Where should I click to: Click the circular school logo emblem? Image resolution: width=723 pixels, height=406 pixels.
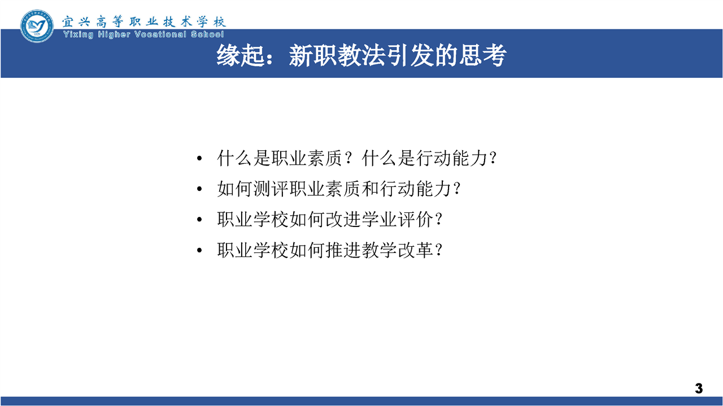point(37,26)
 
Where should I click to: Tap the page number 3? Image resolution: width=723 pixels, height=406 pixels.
point(699,388)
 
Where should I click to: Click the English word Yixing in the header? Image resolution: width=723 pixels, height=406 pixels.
point(79,34)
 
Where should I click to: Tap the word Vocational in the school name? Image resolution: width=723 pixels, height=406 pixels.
point(160,34)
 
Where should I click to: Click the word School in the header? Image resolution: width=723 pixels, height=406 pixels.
point(207,34)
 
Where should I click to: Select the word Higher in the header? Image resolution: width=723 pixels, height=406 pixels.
point(114,34)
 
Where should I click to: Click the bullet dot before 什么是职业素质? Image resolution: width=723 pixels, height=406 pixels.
point(199,158)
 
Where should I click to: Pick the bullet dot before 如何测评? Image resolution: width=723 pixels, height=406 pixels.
point(199,189)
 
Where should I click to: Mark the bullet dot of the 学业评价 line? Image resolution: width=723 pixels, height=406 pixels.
point(199,220)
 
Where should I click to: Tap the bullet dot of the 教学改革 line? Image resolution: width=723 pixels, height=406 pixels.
point(199,250)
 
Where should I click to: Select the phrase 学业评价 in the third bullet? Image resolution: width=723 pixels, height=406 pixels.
point(397,220)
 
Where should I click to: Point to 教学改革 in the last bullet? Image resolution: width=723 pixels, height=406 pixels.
point(397,250)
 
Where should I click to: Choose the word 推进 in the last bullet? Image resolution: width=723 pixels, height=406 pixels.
point(343,250)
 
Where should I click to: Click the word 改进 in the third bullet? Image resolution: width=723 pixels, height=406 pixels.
point(343,220)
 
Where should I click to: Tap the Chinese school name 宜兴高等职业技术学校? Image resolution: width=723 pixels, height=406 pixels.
point(144,21)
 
